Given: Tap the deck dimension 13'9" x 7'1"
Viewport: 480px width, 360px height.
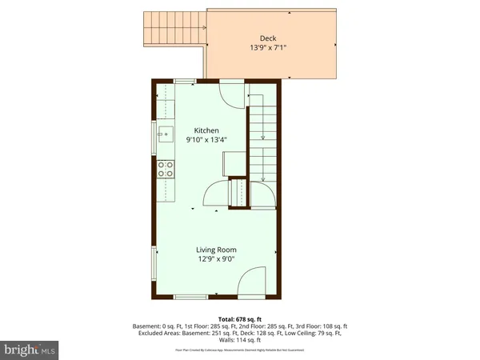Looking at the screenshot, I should [x=269, y=47].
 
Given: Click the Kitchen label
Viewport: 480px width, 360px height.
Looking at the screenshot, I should [x=206, y=130].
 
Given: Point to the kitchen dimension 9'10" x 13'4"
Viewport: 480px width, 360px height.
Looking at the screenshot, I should [x=206, y=139].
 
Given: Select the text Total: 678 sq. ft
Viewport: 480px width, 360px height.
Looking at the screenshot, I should [x=239, y=318].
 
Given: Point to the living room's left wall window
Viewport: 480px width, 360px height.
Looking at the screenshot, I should [x=154, y=263].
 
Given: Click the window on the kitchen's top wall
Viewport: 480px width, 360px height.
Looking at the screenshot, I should [x=186, y=81].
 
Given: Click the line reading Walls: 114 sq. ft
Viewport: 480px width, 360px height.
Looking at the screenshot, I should [x=239, y=341].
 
